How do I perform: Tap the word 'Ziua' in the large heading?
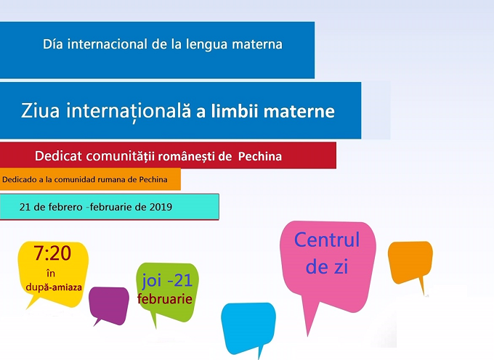tap(40, 111)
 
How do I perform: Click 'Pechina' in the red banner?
tap(260, 156)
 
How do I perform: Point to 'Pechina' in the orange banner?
tap(153, 180)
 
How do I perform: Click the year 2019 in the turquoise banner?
tap(161, 207)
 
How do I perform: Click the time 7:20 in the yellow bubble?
tap(52, 253)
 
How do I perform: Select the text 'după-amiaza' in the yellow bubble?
tap(54, 287)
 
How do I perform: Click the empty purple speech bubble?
tap(109, 304)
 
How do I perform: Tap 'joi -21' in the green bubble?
tap(167, 280)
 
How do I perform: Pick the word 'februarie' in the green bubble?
tap(165, 298)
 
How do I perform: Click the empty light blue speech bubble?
tap(248, 326)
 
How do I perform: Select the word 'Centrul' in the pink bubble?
tap(327, 240)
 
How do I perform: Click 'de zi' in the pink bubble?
tap(327, 267)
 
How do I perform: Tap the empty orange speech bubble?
tap(410, 261)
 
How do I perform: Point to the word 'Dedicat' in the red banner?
tap(58, 156)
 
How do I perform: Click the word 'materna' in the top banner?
tap(257, 44)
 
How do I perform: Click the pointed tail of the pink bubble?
tap(307, 335)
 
